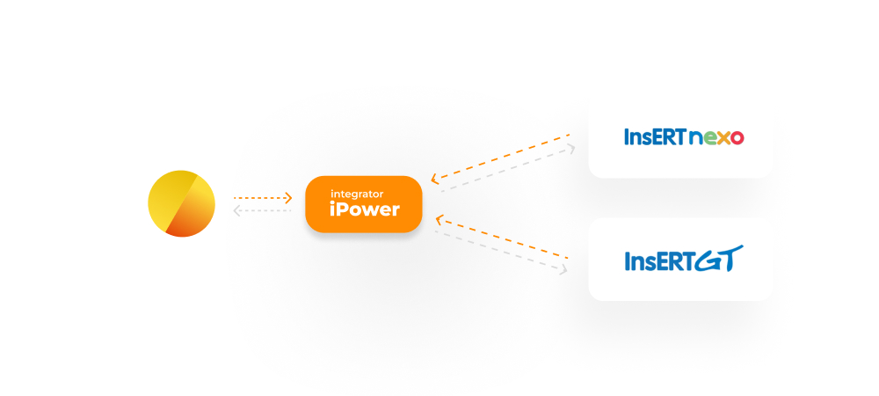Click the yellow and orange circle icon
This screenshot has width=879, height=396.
coord(181,203)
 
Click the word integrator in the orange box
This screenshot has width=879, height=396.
coord(357,194)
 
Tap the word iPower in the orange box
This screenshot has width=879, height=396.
coord(365,209)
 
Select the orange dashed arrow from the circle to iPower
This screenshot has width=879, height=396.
coord(263,198)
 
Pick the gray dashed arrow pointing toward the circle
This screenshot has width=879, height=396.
coord(263,211)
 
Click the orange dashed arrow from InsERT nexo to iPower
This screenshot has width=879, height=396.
coord(500,158)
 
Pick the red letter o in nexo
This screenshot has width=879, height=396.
coord(737,138)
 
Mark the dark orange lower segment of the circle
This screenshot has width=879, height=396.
coord(192,224)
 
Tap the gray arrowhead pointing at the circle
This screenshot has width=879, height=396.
coord(237,211)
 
